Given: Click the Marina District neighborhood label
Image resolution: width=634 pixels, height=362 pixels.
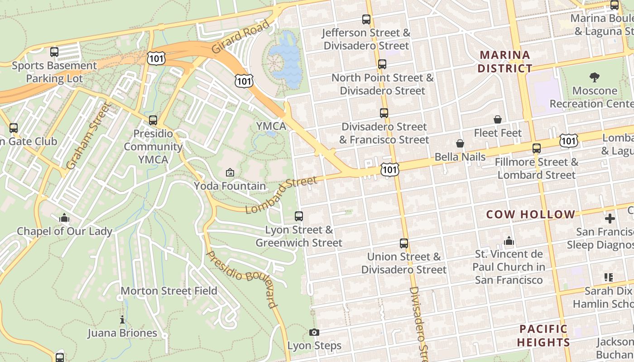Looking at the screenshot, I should tap(505, 62).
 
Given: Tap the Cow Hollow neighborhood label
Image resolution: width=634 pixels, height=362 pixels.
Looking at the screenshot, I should tap(530, 214).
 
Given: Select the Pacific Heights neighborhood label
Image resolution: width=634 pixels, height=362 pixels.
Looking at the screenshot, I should tap(543, 335).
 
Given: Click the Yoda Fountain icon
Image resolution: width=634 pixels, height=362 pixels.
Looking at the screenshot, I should tap(230, 172).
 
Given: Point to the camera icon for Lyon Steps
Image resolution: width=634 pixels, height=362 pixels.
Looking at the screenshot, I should tap(314, 333).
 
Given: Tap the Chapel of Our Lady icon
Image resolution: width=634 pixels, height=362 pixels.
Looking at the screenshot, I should tap(64, 218).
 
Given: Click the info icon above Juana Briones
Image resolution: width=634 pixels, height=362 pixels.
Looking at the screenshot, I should tap(122, 320).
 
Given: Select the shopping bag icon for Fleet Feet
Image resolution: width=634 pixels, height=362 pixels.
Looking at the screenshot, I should tap(498, 119).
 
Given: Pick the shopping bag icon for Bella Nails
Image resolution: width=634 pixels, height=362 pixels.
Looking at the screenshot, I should tap(460, 143).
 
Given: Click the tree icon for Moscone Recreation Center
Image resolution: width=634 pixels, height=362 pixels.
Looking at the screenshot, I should tap(595, 77).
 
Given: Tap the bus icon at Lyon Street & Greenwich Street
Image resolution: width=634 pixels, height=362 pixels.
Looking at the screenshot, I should tap(299, 216).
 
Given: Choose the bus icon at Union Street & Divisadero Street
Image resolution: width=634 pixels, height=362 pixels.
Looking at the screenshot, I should tap(404, 243).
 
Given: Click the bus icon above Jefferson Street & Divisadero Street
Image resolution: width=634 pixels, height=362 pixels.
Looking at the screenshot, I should tap(366, 19).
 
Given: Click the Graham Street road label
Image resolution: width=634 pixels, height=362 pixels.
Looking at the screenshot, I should tap(88, 136).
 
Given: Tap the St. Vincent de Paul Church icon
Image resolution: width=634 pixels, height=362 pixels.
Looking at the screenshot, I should tap(509, 241).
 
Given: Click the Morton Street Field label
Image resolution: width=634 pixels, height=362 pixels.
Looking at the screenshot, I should tap(169, 291).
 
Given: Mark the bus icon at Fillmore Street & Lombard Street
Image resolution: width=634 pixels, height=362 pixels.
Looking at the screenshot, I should tap(537, 148).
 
